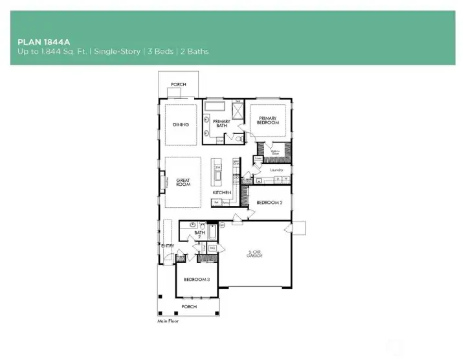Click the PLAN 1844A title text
click(x=44, y=41)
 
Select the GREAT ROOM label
click(x=183, y=183)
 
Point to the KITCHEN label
click(x=222, y=193)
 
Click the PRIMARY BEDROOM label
click(x=268, y=120)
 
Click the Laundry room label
click(x=276, y=170)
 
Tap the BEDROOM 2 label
click(x=269, y=203)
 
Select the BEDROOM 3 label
click(x=196, y=279)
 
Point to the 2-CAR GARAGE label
click(x=254, y=254)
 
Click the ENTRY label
click(x=167, y=246)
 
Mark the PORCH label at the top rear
click(x=178, y=84)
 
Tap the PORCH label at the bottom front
click(x=189, y=307)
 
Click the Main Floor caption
click(x=168, y=321)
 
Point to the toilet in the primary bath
click(x=239, y=138)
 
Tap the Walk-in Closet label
click(x=275, y=153)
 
